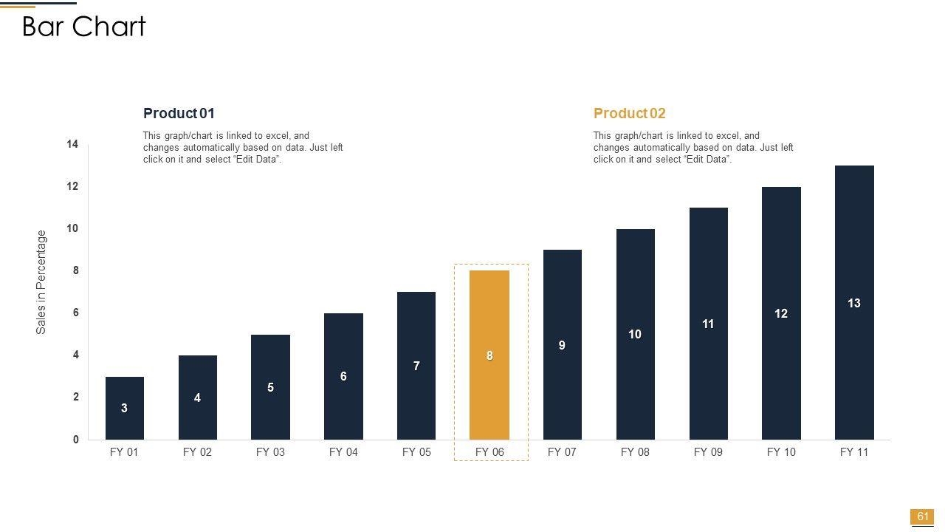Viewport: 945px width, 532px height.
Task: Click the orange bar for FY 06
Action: coord(489,318)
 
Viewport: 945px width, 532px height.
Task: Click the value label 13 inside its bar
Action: coord(854,303)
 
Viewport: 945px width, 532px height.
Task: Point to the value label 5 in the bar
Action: coord(270,387)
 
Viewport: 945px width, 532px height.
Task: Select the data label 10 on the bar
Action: coord(635,335)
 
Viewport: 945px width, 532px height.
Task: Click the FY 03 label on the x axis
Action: coord(270,452)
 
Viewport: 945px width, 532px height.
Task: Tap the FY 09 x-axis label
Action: coord(708,452)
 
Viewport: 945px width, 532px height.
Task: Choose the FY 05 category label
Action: coord(416,452)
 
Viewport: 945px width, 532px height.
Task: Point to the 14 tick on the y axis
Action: coord(72,144)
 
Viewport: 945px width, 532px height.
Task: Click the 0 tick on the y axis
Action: coord(76,440)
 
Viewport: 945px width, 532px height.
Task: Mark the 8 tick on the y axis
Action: coord(75,271)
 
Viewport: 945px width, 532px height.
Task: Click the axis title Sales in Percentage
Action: coord(41,282)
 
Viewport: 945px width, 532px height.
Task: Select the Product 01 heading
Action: coord(179,113)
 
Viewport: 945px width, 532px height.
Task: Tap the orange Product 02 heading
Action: coord(629,113)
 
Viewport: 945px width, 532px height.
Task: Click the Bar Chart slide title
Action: coord(84,27)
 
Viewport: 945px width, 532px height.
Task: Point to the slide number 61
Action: coord(922,516)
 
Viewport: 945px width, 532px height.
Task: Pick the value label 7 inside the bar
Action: coord(416,366)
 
